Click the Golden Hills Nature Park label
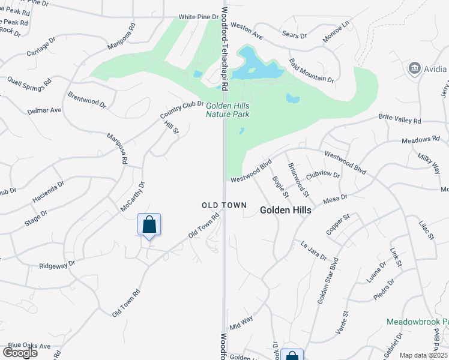[228, 110]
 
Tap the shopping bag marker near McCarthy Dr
[149, 226]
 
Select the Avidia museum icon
[414, 68]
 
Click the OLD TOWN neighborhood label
[224, 205]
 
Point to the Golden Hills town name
[286, 210]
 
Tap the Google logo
[20, 352]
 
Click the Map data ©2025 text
[424, 355]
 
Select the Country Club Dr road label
[182, 109]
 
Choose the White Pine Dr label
[200, 17]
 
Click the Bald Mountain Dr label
[311, 71]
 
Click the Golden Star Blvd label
[328, 280]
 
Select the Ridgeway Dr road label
[57, 264]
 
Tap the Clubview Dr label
[323, 176]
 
